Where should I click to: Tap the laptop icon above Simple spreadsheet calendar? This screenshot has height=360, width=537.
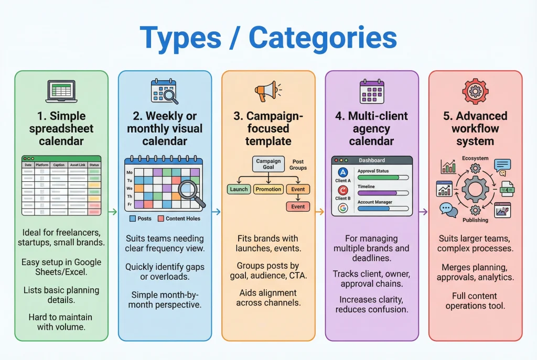(61, 92)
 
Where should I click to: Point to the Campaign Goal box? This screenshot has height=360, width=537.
(268, 164)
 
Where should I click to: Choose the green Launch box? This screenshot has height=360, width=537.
(239, 189)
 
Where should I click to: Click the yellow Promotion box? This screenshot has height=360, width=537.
(268, 189)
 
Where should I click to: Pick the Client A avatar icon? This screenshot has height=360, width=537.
(343, 172)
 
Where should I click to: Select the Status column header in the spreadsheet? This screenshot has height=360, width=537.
(94, 165)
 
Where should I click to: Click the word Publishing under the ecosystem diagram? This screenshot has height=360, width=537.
(475, 221)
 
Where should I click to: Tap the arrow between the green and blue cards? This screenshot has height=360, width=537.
(113, 212)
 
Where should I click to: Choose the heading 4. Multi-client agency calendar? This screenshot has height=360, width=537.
(372, 128)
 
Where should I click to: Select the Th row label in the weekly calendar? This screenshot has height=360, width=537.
(130, 196)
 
